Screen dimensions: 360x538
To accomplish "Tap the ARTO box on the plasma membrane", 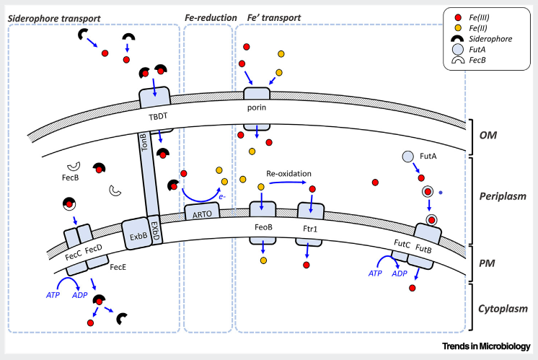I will tap(201, 214).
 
